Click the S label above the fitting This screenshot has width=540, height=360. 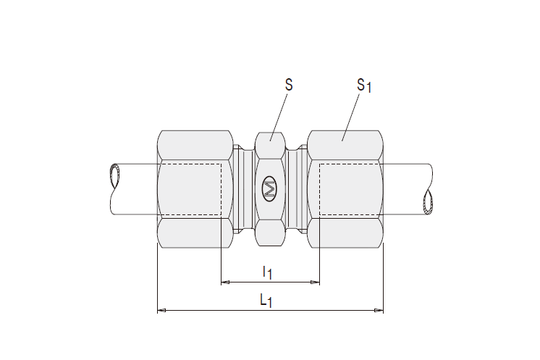coord(289,85)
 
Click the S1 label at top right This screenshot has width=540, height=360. coord(364,85)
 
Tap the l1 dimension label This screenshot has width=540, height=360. coord(268,272)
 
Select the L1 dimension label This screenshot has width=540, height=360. coord(266,301)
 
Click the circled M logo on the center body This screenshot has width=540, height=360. coord(270,189)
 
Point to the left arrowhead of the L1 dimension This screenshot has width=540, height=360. coord(161,311)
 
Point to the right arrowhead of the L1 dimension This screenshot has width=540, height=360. coord(379,311)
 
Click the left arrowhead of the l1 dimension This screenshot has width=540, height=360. coord(225,282)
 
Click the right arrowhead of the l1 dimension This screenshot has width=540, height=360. coord(315,282)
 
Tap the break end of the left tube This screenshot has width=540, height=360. coord(114,177)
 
